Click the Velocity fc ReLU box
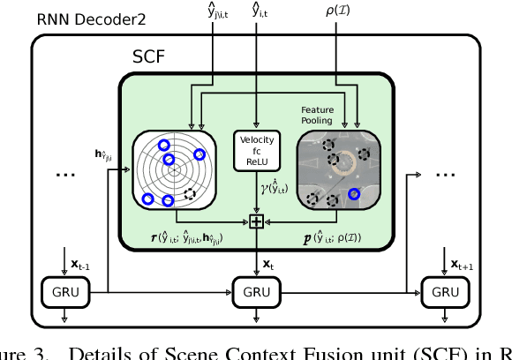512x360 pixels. coord(256,150)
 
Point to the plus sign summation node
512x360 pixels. coord(256,221)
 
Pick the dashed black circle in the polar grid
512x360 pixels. coord(188,193)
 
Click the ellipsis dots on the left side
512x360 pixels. coord(66,174)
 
